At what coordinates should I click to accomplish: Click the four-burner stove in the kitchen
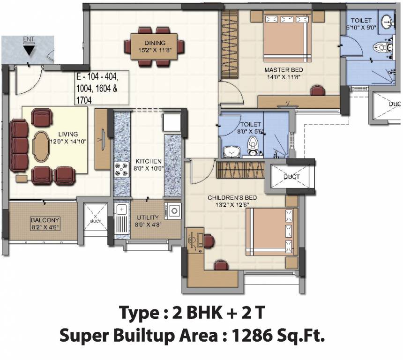121,169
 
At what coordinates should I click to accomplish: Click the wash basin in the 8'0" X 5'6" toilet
230,151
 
